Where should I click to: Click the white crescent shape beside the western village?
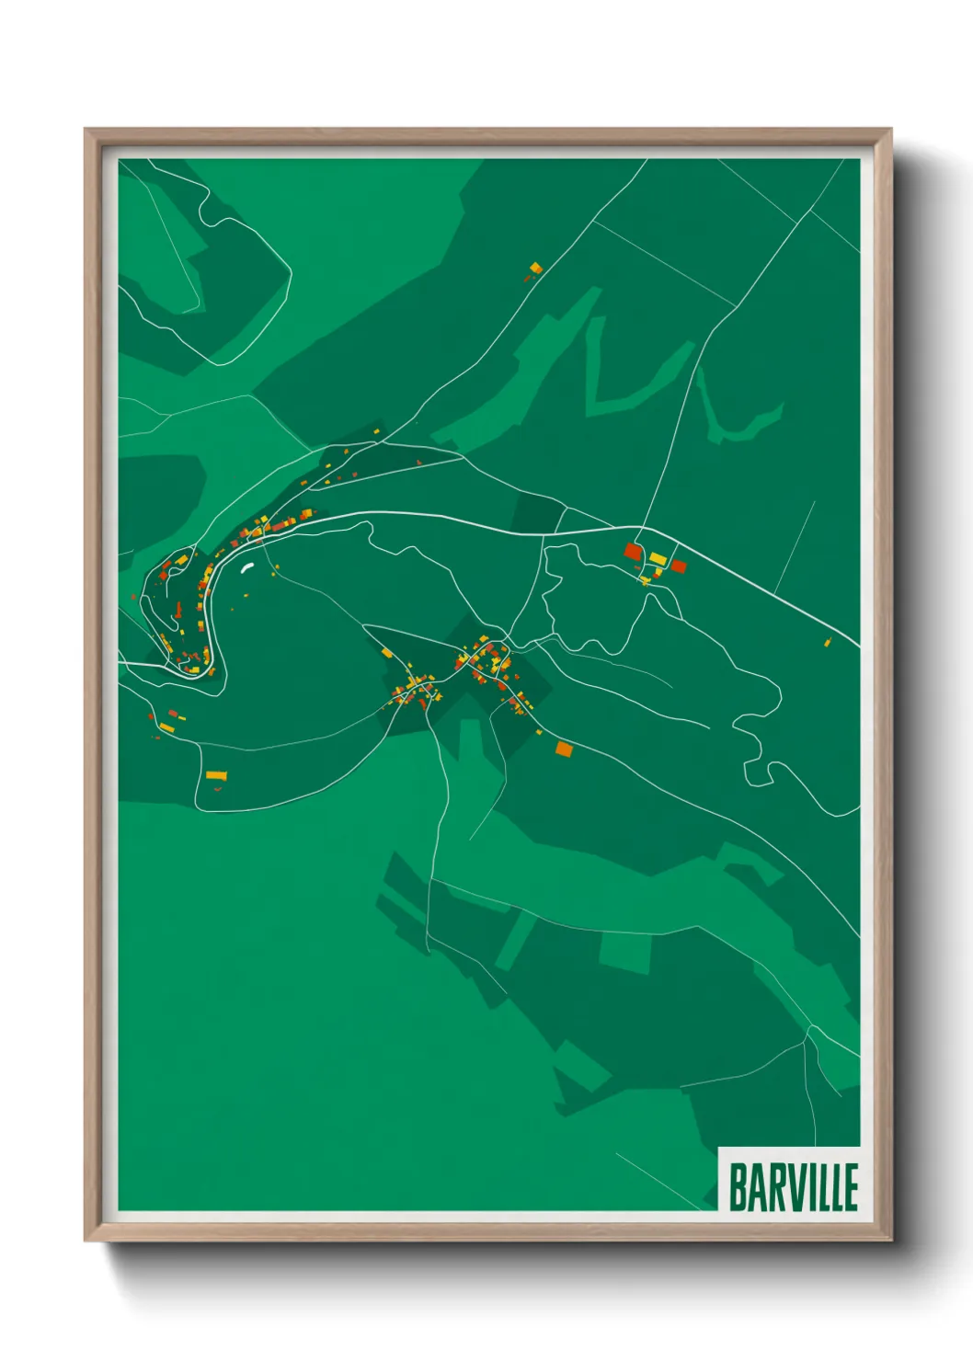point(246,567)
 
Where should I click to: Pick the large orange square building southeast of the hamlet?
point(564,749)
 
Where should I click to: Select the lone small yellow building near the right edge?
point(827,641)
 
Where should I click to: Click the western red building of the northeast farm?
point(633,551)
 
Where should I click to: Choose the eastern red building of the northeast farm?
point(678,566)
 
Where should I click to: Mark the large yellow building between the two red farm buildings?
point(658,558)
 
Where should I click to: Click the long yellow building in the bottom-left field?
point(216,775)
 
